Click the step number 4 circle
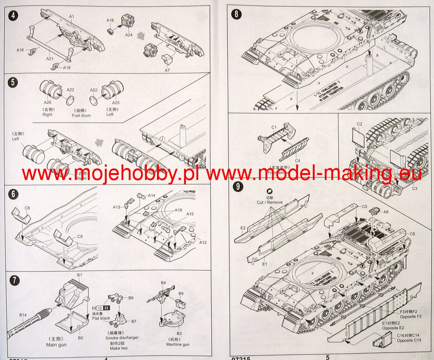point(13,17)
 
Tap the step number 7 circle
point(13,281)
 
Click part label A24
point(129,35)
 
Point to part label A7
point(167,70)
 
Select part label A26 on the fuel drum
point(47,103)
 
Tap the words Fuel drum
point(82,115)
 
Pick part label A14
point(152,196)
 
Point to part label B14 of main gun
point(22,315)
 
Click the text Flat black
point(101,318)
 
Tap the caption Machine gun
point(179,344)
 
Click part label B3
point(179,333)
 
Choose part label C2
point(359,124)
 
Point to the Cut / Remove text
point(269,202)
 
